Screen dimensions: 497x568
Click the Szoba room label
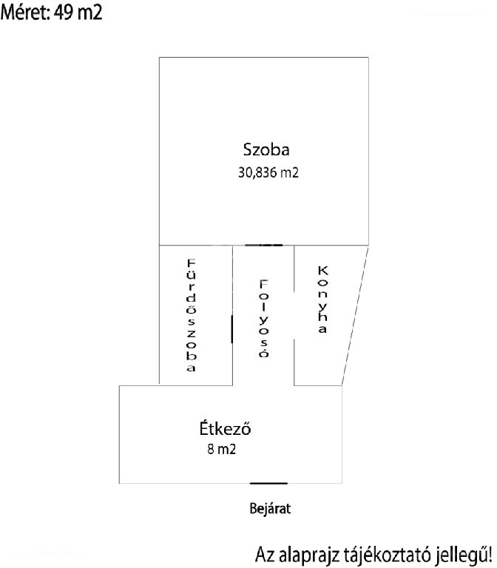(x=266, y=149)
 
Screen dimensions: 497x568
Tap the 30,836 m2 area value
(x=268, y=172)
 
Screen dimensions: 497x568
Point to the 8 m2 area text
(x=222, y=449)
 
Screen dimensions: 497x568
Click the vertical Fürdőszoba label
(x=191, y=315)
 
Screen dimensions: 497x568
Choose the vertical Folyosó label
(x=264, y=319)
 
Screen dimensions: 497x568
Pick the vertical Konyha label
(x=322, y=300)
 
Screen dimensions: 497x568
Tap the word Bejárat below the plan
(x=270, y=509)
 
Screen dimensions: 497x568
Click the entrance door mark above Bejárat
(x=268, y=483)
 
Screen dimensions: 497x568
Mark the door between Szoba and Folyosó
(x=263, y=246)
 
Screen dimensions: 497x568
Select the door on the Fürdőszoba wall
(x=231, y=329)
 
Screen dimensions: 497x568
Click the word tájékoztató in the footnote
(x=388, y=554)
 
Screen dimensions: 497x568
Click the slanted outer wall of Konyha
(x=355, y=316)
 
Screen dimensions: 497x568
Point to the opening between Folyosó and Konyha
(x=294, y=316)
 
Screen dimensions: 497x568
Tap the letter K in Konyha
(x=322, y=270)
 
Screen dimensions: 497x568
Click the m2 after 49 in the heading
(x=89, y=13)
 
